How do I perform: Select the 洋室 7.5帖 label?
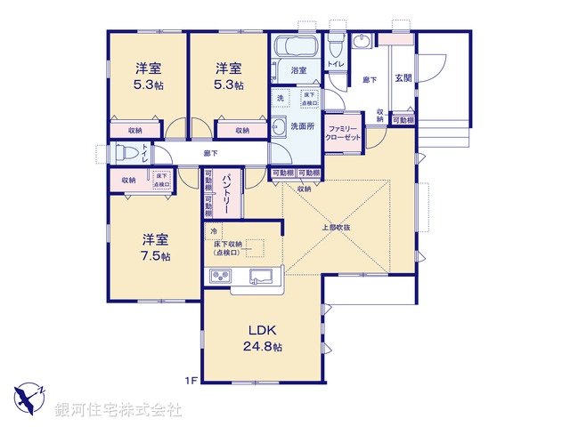click(x=154, y=246)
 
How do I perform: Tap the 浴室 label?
click(x=298, y=70)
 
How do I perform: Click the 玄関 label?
click(x=403, y=78)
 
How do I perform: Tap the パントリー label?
click(x=228, y=194)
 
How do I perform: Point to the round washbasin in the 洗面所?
click(x=277, y=125)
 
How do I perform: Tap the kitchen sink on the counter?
click(x=261, y=275)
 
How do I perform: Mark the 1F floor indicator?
click(x=191, y=381)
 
